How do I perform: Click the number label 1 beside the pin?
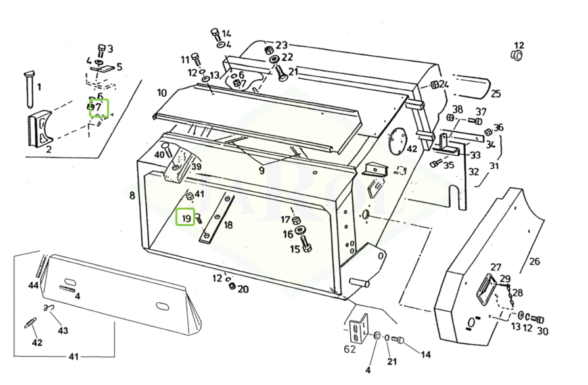coord(39,86)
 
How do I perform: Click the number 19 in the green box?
coord(186,217)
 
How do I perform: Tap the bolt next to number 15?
coord(309,249)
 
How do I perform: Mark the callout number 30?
coord(542,331)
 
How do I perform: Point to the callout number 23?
coord(281,45)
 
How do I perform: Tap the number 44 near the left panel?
coord(33,285)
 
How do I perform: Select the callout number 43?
coord(62,330)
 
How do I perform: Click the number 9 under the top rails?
coord(261,171)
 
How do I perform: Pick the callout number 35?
coord(448,165)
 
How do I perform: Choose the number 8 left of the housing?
coord(132,195)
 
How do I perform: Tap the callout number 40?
coord(159,154)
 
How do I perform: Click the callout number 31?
coord(494,166)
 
